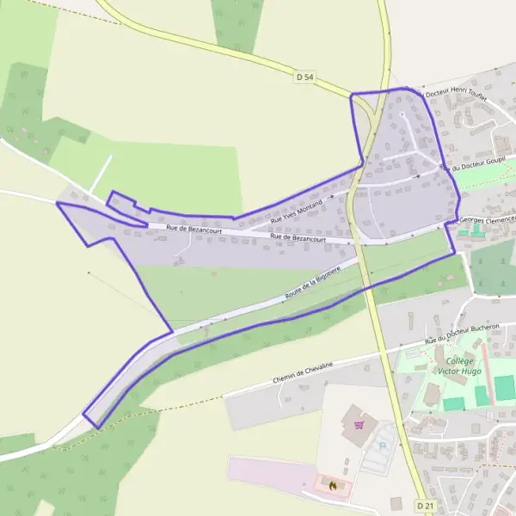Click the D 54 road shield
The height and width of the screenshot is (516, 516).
tap(305, 77)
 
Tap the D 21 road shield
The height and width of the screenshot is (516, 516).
tap(423, 504)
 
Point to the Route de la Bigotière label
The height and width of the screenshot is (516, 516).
tap(312, 284)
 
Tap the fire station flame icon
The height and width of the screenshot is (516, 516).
tap(332, 485)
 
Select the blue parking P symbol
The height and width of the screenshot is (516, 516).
tap(383, 446)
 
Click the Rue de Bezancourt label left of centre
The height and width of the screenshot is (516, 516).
tap(193, 229)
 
